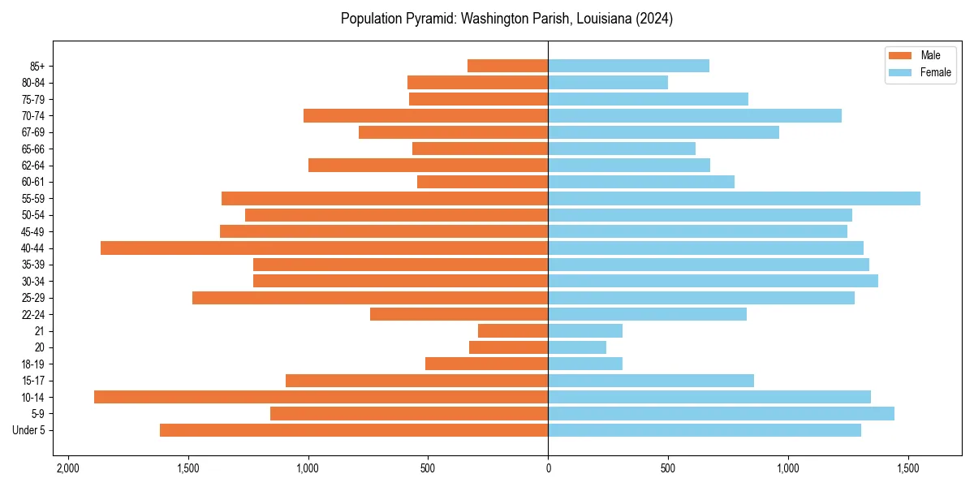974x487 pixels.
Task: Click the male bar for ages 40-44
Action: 325,248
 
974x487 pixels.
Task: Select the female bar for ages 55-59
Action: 734,199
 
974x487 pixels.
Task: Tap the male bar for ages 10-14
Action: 321,397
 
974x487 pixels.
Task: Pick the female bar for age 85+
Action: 628,66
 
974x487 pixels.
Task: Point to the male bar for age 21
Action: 513,331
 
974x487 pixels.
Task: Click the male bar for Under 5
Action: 354,430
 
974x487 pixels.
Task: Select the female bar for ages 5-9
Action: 721,414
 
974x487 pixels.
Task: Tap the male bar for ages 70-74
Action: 426,116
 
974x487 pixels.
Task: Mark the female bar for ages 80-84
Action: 608,83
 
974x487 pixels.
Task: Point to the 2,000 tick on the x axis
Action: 68,468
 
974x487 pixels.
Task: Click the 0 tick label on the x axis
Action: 548,468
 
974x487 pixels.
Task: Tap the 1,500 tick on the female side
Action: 908,468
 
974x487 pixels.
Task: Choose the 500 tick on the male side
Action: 428,468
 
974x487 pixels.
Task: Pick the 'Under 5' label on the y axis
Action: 29,430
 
